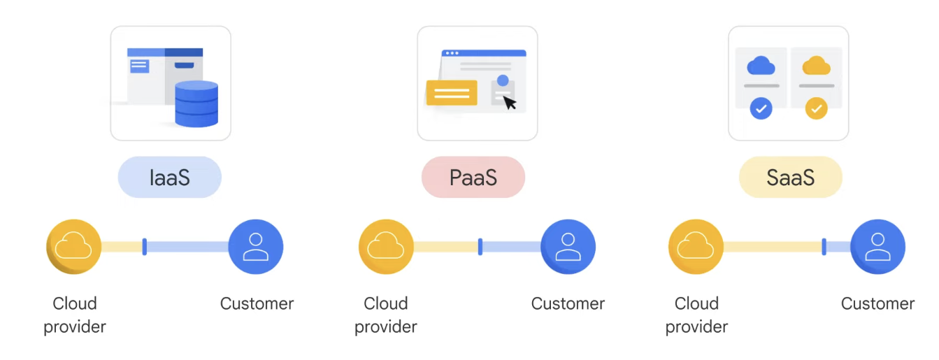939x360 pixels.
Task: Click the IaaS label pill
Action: [x=169, y=177]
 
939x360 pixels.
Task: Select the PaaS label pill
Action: [x=473, y=177]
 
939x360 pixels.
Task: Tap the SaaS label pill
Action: [x=790, y=177]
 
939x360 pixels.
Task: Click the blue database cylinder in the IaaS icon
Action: [x=196, y=104]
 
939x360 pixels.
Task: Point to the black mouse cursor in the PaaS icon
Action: [x=510, y=103]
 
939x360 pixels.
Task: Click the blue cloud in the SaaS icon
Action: [x=761, y=66]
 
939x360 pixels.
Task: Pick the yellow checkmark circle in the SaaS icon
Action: [x=816, y=108]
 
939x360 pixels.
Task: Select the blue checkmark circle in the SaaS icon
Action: [x=761, y=108]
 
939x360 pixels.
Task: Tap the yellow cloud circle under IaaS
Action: [x=74, y=247]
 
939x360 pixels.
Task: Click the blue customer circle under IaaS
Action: [x=256, y=247]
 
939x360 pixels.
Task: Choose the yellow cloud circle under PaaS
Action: [x=386, y=247]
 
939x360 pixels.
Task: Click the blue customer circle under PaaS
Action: [x=568, y=247]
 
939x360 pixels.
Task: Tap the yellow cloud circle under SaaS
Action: [x=696, y=247]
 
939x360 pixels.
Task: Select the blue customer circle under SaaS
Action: [x=877, y=247]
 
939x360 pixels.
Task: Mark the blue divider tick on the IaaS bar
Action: [x=144, y=247]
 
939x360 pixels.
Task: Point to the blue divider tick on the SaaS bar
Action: [x=824, y=247]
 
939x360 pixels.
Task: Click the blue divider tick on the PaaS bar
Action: [x=480, y=247]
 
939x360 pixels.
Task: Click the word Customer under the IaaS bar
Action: [x=257, y=303]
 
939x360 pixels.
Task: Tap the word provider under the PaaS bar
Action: [x=386, y=326]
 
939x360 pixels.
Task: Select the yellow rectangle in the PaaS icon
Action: [x=452, y=92]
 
